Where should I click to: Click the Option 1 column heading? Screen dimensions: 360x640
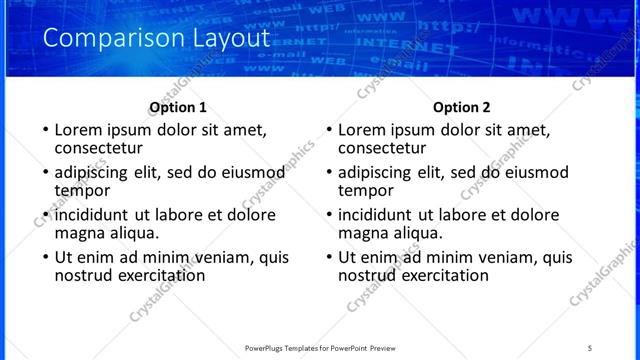pos(178,107)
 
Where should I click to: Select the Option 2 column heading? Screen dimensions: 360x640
pos(462,107)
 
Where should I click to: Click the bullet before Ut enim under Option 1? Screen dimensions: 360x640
pos(46,257)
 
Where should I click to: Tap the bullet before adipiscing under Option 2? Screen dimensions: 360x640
pos(330,172)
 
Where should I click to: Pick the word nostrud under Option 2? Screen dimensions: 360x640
pos(366,275)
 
